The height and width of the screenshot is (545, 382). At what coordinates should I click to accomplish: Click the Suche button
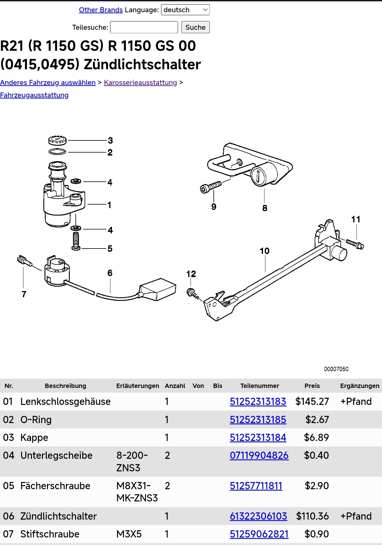(x=195, y=27)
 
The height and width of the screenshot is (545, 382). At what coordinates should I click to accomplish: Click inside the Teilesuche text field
(x=144, y=27)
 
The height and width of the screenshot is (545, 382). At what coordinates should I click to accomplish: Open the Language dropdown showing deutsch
(x=185, y=10)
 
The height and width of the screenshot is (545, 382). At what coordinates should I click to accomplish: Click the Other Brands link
(x=101, y=10)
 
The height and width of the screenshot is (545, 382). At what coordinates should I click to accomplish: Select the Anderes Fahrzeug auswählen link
(x=48, y=82)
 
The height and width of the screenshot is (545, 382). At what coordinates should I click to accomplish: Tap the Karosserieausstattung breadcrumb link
(x=140, y=82)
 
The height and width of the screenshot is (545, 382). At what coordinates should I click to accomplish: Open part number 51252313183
(x=258, y=401)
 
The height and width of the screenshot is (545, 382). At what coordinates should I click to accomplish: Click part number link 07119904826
(x=259, y=455)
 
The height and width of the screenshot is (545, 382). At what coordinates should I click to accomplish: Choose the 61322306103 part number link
(x=258, y=516)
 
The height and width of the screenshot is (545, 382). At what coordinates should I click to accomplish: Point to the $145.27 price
(x=312, y=401)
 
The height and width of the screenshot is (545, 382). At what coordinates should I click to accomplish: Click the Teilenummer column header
(x=260, y=386)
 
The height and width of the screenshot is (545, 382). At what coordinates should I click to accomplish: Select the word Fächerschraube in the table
(x=55, y=486)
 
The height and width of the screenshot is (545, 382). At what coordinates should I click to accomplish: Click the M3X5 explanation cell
(x=129, y=534)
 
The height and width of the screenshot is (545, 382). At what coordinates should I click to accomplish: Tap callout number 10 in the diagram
(x=264, y=251)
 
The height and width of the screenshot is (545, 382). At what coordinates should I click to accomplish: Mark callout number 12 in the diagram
(x=191, y=274)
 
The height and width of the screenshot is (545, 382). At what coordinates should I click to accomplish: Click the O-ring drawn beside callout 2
(x=57, y=152)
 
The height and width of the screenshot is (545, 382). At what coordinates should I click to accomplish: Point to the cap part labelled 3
(x=57, y=140)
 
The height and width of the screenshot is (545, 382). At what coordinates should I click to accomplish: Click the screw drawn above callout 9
(x=210, y=187)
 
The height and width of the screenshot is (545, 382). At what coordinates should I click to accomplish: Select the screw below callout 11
(x=355, y=244)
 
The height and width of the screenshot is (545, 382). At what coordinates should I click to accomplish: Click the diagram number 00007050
(x=336, y=369)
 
